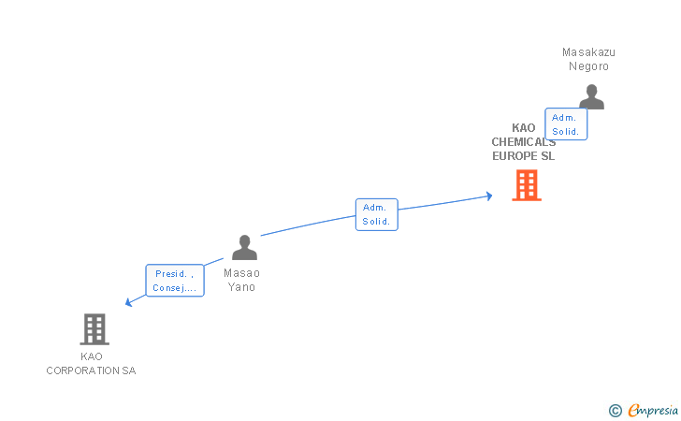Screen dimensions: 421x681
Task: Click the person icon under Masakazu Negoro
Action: tap(591, 96)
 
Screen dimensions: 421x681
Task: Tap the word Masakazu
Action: tap(588, 52)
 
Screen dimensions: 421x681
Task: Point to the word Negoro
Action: tap(588, 66)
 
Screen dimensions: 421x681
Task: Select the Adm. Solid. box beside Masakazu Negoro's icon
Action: tap(565, 124)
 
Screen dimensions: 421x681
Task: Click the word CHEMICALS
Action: tap(523, 142)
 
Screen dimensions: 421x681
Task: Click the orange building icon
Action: tap(527, 185)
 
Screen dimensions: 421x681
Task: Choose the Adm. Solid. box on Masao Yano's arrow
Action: tap(376, 214)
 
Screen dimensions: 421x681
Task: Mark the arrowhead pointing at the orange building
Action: tap(488, 196)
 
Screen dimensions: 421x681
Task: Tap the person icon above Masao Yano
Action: tap(244, 248)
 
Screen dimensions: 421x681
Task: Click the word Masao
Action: tap(241, 273)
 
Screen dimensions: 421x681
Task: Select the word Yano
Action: tap(241, 287)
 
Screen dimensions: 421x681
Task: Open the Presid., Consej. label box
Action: tap(175, 281)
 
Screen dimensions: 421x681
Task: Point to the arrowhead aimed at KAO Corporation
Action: tap(129, 302)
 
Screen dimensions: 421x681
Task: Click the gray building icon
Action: tap(94, 329)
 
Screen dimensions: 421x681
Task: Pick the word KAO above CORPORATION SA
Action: tap(92, 356)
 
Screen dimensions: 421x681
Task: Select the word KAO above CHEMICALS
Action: tap(524, 128)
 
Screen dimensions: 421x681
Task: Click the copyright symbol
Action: tap(615, 410)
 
